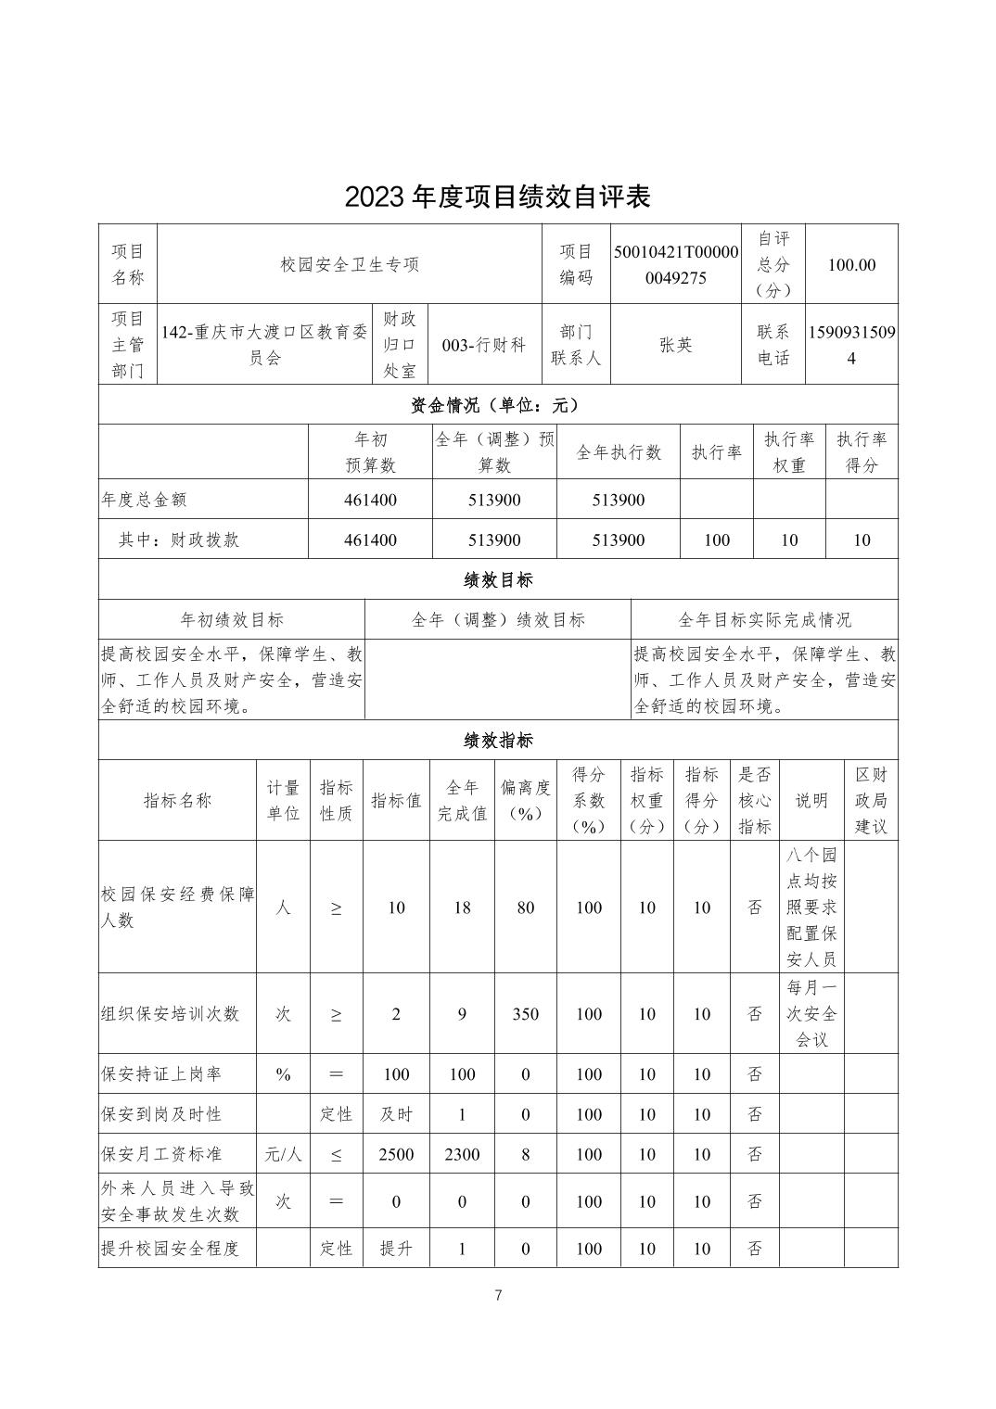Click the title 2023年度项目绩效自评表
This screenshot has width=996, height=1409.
(x=497, y=197)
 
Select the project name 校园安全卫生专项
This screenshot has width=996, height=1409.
(x=350, y=264)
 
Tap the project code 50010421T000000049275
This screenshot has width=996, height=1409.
(x=676, y=264)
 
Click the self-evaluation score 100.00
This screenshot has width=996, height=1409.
(x=851, y=264)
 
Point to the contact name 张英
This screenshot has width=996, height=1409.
(x=676, y=345)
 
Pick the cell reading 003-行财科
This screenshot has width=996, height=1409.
(x=484, y=345)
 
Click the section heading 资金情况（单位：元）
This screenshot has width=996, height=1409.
(x=497, y=405)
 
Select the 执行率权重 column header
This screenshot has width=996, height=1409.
(x=788, y=452)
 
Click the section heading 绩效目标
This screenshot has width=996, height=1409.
(x=497, y=580)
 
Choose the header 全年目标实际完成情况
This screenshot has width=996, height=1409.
(x=764, y=619)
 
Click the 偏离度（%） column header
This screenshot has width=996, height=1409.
(x=525, y=800)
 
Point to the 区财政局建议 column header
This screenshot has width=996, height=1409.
(x=870, y=800)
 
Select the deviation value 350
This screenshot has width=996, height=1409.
(x=525, y=1014)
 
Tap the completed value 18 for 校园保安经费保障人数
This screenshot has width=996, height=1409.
(x=462, y=908)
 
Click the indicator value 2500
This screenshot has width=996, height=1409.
(x=396, y=1154)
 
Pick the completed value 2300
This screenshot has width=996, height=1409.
(x=462, y=1154)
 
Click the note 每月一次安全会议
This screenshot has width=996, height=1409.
(x=811, y=1014)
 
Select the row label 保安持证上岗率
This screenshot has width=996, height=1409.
(x=161, y=1074)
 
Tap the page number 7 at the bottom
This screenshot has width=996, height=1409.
(x=498, y=1295)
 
